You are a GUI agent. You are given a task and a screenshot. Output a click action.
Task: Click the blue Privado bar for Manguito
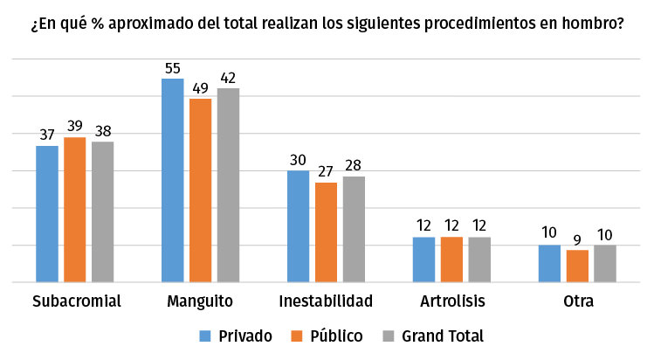coord(173,180)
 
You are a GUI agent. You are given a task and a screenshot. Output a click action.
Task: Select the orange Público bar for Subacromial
coord(75,210)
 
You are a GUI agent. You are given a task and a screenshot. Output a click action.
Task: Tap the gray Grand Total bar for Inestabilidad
coord(354,229)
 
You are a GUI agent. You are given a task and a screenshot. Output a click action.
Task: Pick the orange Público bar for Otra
coord(577,266)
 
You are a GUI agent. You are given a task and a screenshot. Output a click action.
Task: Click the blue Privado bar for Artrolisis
coord(423,260)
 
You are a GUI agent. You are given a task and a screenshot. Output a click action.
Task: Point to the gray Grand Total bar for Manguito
coord(228,185)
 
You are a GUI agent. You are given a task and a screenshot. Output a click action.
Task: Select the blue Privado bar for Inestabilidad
coord(299,226)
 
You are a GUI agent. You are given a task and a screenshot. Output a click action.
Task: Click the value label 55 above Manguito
coord(173,68)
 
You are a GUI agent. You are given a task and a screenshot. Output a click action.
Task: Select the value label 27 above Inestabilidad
coord(326,172)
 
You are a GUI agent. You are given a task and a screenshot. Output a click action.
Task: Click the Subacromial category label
coord(75,302)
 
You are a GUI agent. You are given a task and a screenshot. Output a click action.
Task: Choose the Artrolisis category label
coord(451,302)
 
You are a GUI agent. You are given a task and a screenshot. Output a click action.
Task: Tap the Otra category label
coord(577,302)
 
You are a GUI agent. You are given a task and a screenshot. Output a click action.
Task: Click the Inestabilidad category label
coord(326,302)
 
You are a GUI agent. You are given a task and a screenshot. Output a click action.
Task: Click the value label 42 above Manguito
coord(228,78)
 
